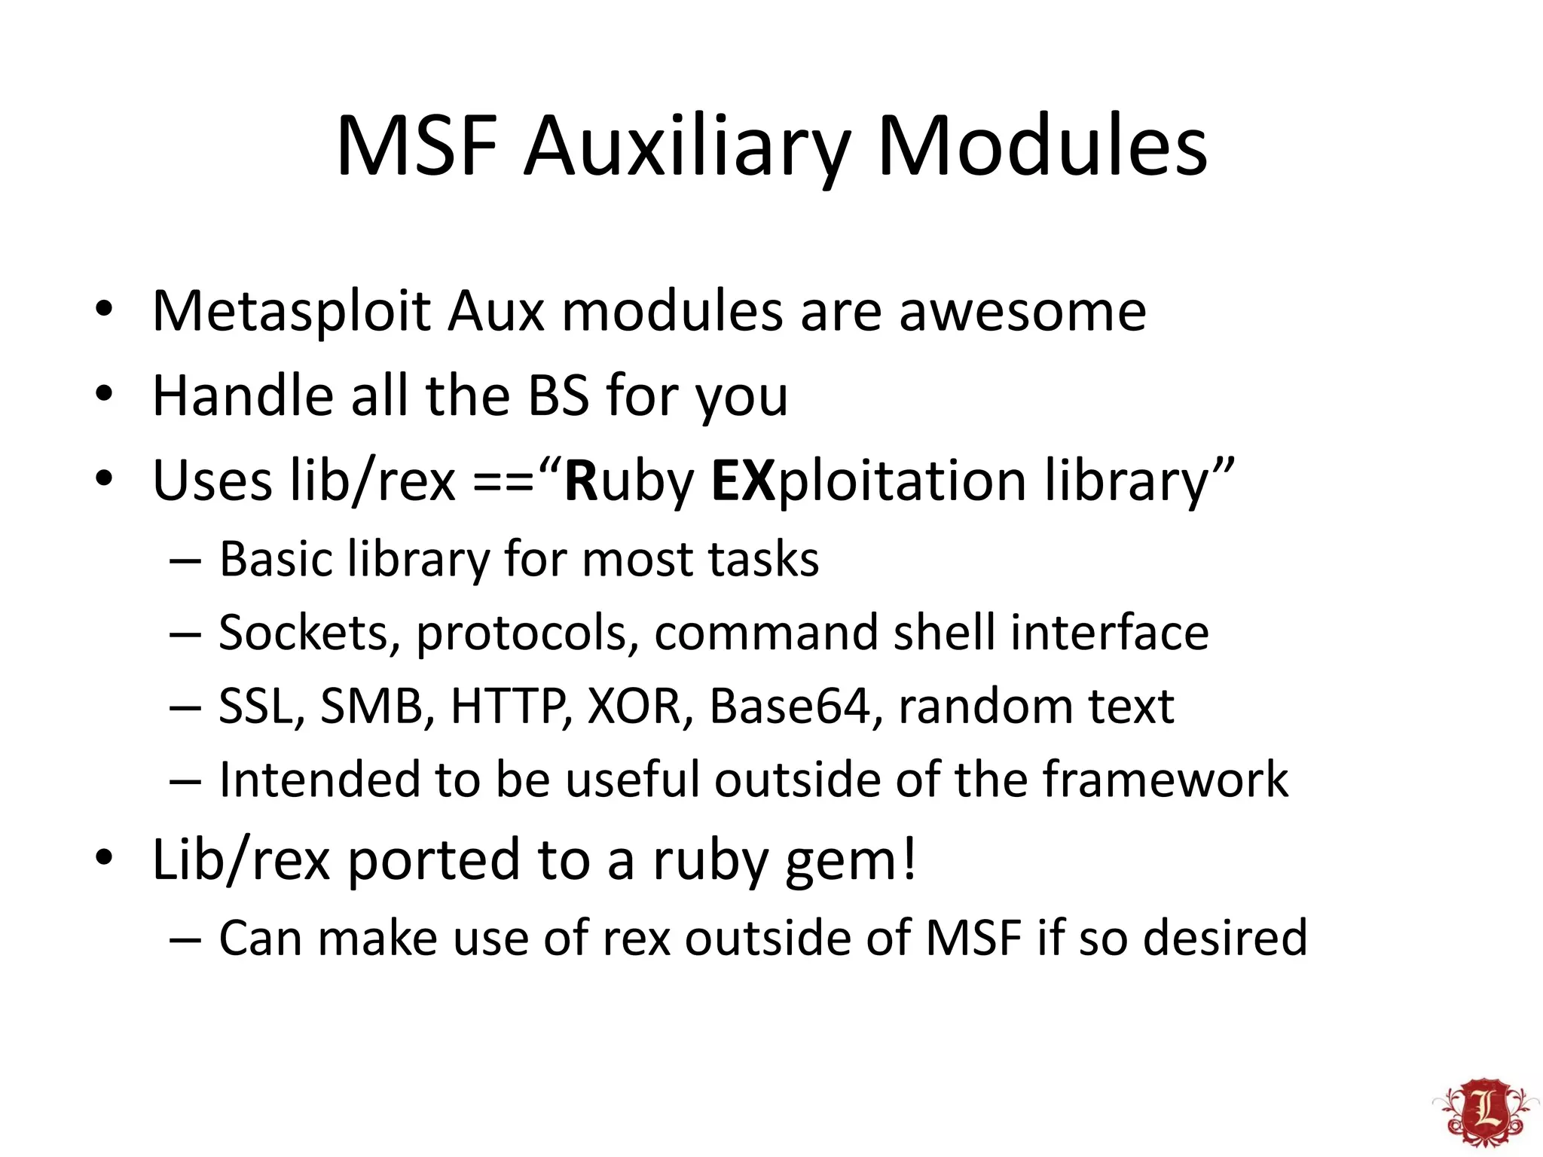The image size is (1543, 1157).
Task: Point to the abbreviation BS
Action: pyautogui.click(x=558, y=395)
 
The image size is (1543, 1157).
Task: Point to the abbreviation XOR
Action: pyautogui.click(x=634, y=707)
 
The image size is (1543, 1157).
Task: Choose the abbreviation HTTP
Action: pyautogui.click(x=509, y=707)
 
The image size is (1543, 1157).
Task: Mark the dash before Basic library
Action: pyautogui.click(x=185, y=561)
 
